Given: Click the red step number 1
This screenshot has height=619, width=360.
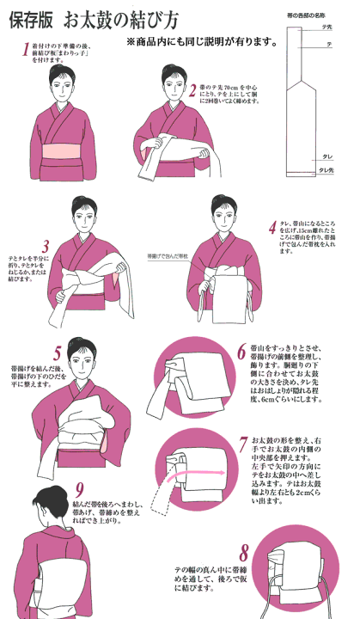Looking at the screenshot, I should click(25, 50).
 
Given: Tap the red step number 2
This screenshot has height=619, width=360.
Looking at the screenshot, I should click(194, 89).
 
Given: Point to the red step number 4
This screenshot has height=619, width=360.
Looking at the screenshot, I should click(272, 228).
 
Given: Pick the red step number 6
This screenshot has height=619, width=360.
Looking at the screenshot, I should click(241, 352).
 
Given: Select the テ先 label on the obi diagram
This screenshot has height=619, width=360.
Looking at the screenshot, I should click(326, 28).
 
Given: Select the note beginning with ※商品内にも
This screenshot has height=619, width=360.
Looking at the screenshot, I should click(198, 40).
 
